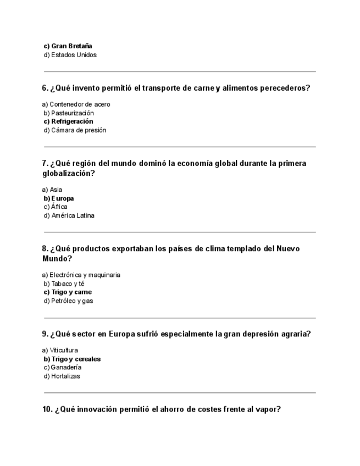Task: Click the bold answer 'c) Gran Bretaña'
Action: [68, 46]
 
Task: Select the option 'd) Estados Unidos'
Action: [70, 55]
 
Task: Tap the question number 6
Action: [45, 88]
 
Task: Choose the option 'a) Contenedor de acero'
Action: [76, 104]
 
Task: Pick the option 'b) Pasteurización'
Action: [69, 113]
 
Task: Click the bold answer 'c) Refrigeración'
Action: [68, 121]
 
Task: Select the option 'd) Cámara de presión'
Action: [75, 130]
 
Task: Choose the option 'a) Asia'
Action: [52, 190]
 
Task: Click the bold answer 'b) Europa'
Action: [58, 198]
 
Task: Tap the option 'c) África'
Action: [56, 207]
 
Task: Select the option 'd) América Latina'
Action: [69, 215]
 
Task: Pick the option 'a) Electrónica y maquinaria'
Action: [81, 275]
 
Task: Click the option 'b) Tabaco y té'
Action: [64, 284]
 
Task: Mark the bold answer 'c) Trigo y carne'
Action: [68, 292]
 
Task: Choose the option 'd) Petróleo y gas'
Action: [68, 301]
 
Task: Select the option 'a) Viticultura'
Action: [60, 350]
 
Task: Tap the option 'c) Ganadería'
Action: [63, 367]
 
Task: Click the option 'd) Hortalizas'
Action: [62, 376]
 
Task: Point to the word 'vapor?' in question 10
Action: [269, 409]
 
